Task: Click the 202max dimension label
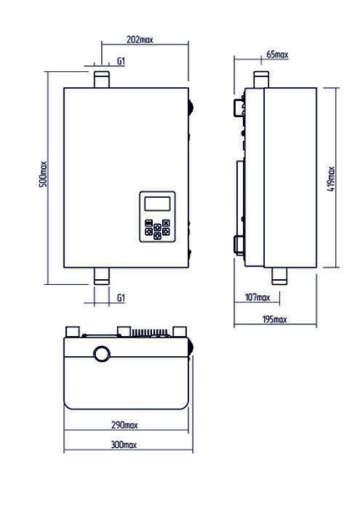pos(139,40)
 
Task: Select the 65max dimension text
pos(277,54)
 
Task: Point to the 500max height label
pos(43,174)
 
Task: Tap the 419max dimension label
pos(331,179)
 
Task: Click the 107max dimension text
pos(257,297)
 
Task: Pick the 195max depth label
pos(274,320)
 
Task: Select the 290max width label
pos(125,425)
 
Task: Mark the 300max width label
pos(124,445)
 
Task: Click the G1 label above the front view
pos(121,61)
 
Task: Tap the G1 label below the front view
pos(121,298)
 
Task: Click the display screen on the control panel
pos(158,204)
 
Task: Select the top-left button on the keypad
pos(149,223)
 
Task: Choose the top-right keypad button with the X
pos(166,223)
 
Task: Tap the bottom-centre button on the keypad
pos(157,236)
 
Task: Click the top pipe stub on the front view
pos(102,80)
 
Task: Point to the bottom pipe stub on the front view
pos(102,276)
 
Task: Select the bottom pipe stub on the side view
pos(279,276)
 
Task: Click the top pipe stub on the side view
pos(262,80)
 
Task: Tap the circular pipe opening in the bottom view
pos(102,354)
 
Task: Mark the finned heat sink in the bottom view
pos(149,333)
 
